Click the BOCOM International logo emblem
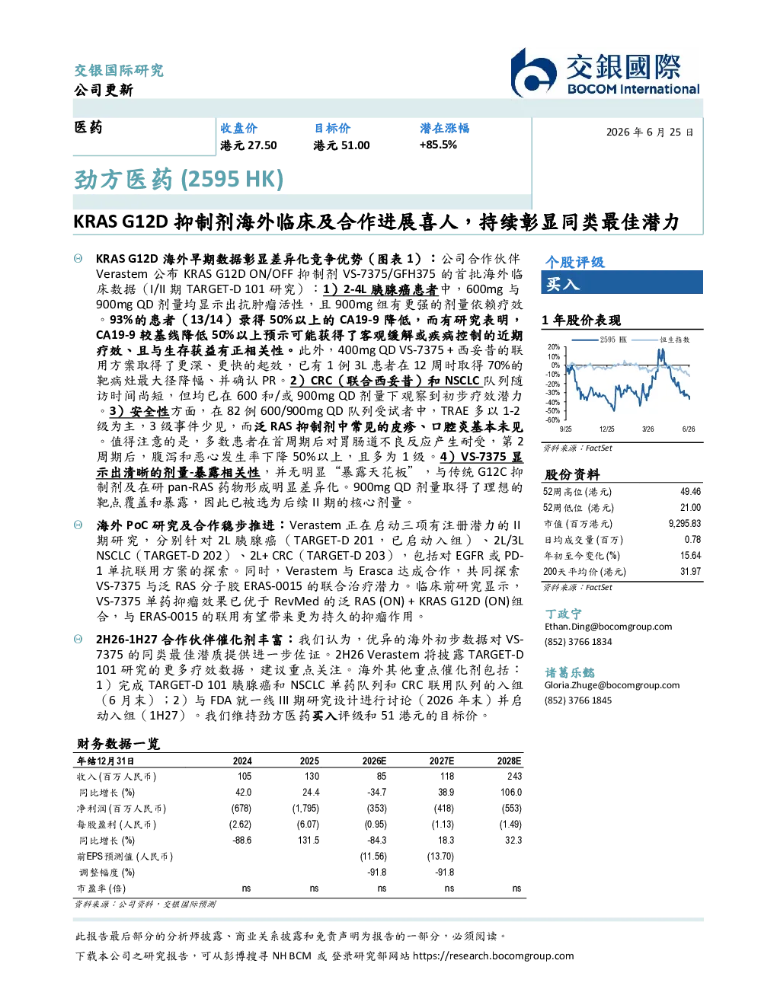533,72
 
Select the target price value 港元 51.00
341,145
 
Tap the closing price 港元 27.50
248,145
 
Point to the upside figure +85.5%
438,145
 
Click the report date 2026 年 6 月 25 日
650,132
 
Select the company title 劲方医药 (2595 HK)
178,179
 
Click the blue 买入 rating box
622,282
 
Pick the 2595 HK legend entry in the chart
600,340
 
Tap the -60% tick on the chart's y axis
554,420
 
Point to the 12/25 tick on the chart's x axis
606,429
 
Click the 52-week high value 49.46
690,491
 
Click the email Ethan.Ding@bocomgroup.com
608,627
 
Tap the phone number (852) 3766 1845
578,700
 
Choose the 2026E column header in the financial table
374,761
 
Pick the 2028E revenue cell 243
514,776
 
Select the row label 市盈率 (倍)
101,889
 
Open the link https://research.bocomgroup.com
494,956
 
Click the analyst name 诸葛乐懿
570,672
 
